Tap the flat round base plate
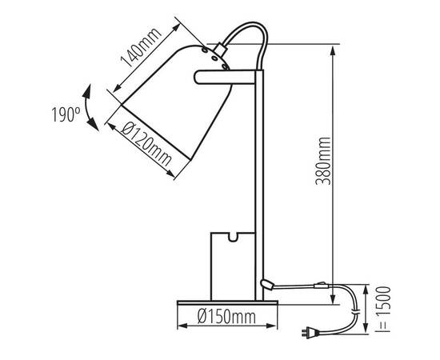[x=227, y=302]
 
